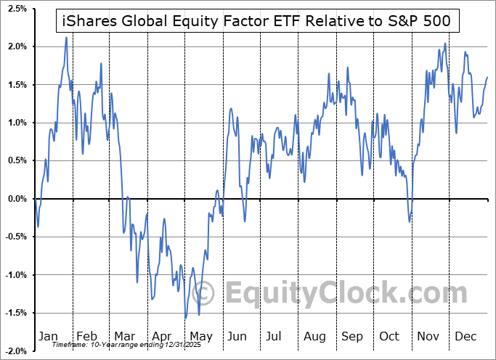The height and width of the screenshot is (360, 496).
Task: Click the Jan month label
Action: pyautogui.click(x=48, y=337)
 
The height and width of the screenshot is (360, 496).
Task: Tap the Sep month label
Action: pyautogui.click(x=352, y=337)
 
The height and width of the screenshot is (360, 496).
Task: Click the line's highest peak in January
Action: pyautogui.click(x=66, y=37)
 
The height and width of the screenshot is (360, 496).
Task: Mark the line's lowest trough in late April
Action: pyautogui.click(x=186, y=318)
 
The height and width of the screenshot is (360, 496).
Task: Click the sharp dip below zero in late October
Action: pyautogui.click(x=410, y=221)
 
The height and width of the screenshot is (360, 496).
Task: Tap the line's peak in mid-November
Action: pyautogui.click(x=445, y=44)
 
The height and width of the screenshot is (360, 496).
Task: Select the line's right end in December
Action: pyautogui.click(x=487, y=77)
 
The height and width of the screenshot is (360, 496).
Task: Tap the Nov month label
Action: pyautogui.click(x=428, y=337)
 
